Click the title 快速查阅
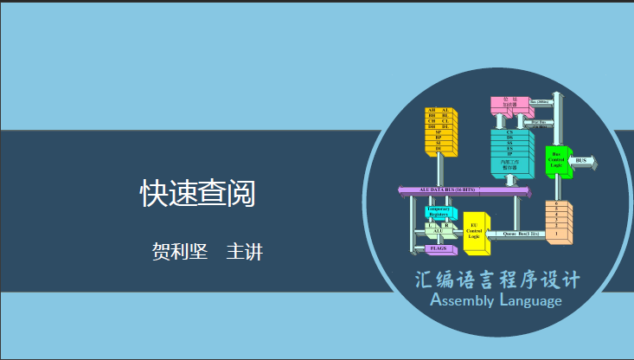tap(198, 194)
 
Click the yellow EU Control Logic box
tap(474, 232)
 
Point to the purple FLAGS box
tap(439, 248)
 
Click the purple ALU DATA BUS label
tap(450, 189)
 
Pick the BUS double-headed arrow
tap(582, 161)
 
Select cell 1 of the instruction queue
tap(556, 235)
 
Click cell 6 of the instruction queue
tap(556, 204)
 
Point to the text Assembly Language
tap(496, 301)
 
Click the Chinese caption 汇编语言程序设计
tap(496, 280)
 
